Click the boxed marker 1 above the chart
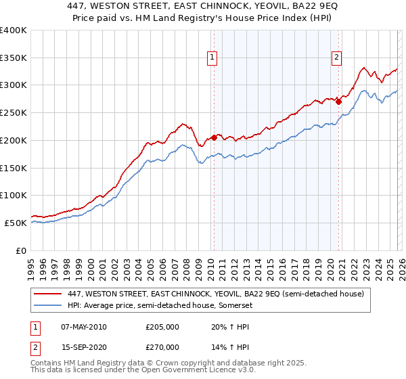pyautogui.click(x=212, y=58)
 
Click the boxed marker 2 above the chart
pyautogui.click(x=336, y=58)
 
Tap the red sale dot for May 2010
pyautogui.click(x=214, y=137)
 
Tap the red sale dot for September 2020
pyautogui.click(x=339, y=102)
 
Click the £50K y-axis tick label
pyautogui.click(x=16, y=223)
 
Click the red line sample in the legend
pyautogui.click(x=48, y=294)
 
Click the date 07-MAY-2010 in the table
pyautogui.click(x=83, y=327)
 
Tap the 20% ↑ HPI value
pyautogui.click(x=229, y=327)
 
